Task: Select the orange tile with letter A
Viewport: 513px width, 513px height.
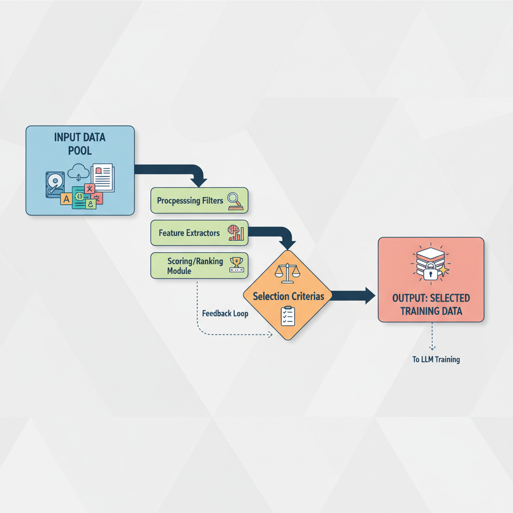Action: click(x=66, y=199)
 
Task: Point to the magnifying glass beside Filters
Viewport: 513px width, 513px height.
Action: click(x=234, y=200)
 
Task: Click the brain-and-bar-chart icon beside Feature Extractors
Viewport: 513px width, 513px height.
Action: click(x=235, y=233)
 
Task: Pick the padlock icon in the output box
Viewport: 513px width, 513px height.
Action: click(x=430, y=274)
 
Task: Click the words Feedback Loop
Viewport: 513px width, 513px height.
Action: click(x=225, y=314)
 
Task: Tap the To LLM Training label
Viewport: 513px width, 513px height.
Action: click(x=436, y=359)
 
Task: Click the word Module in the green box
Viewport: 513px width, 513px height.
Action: click(x=179, y=271)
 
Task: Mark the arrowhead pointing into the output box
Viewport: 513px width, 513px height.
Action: click(x=369, y=296)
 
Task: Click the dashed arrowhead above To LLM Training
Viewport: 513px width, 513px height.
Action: click(x=432, y=347)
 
